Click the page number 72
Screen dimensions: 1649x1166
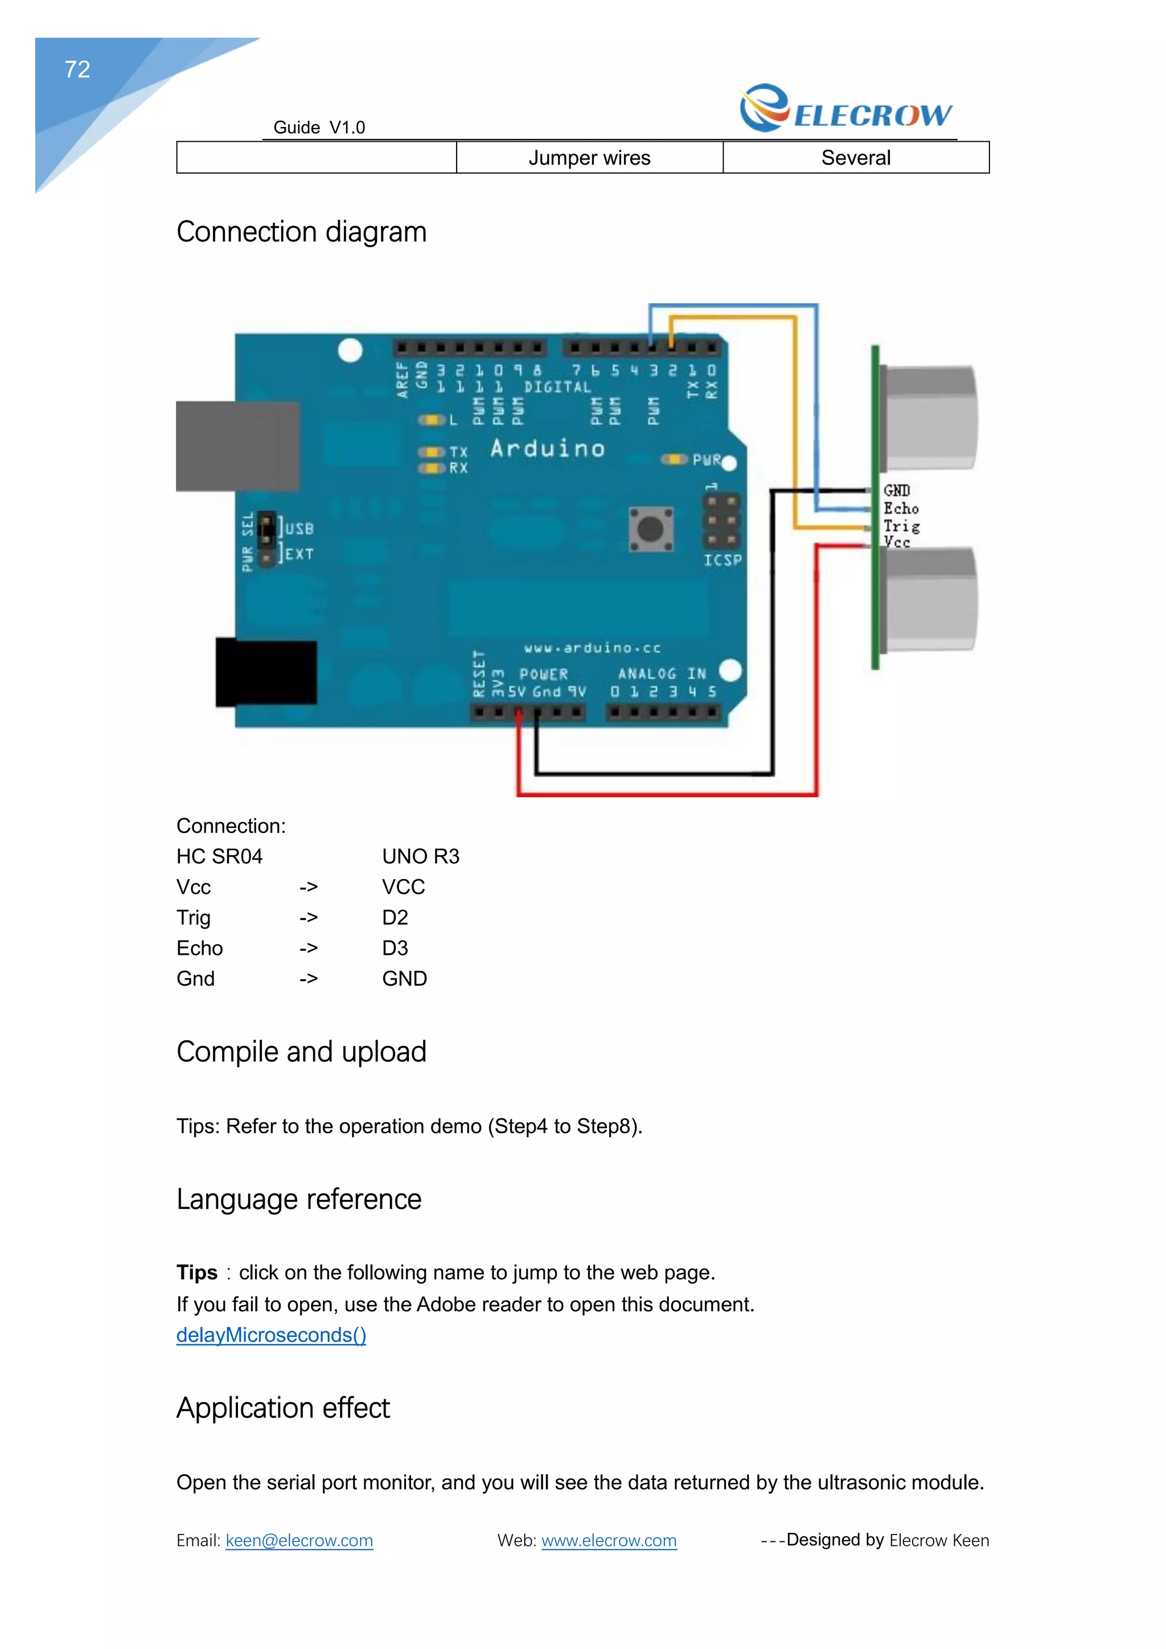click(77, 69)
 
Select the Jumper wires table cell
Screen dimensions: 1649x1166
click(589, 158)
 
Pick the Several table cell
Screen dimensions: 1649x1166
click(855, 158)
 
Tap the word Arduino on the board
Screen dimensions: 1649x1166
click(547, 449)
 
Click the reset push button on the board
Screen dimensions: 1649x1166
click(651, 530)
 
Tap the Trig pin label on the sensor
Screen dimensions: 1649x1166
click(901, 526)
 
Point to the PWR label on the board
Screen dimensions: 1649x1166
click(706, 460)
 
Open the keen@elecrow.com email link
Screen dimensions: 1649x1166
click(299, 1541)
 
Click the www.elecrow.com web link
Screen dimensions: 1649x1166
click(609, 1541)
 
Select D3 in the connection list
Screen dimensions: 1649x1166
click(395, 948)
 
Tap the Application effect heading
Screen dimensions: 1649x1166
click(283, 1408)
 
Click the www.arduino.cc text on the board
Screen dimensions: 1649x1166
click(592, 648)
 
